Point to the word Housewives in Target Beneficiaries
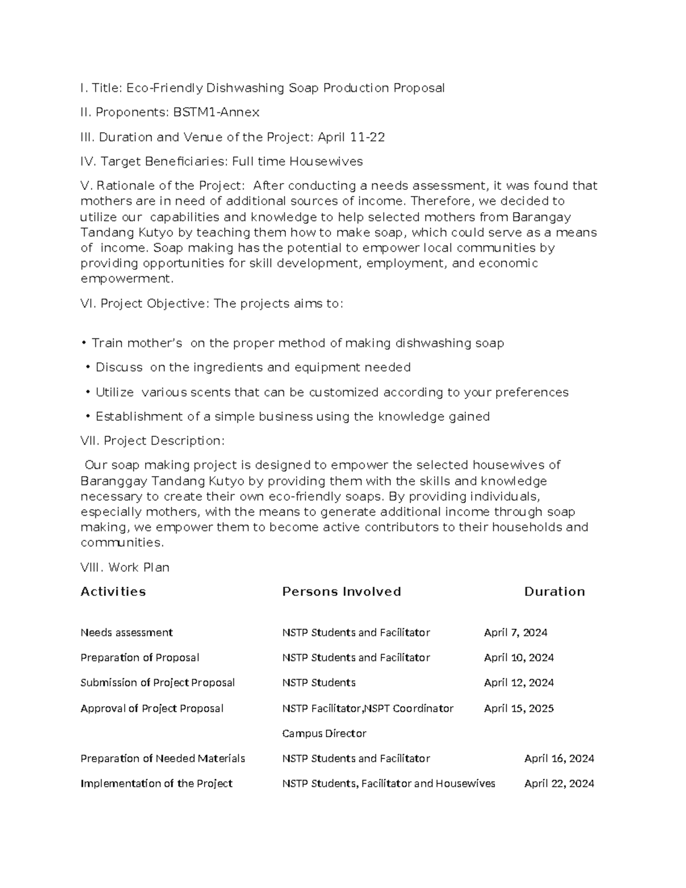(326, 162)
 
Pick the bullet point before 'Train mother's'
(84, 343)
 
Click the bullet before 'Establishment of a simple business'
(88, 417)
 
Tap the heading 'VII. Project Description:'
(153, 441)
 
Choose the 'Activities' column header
(113, 592)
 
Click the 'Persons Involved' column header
(341, 592)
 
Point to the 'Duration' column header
(555, 592)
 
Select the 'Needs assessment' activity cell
(126, 632)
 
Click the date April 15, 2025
(519, 708)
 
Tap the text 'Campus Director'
(324, 734)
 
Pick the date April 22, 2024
(559, 783)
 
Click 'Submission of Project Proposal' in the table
(158, 683)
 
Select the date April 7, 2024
(516, 632)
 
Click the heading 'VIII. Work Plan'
(125, 568)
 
